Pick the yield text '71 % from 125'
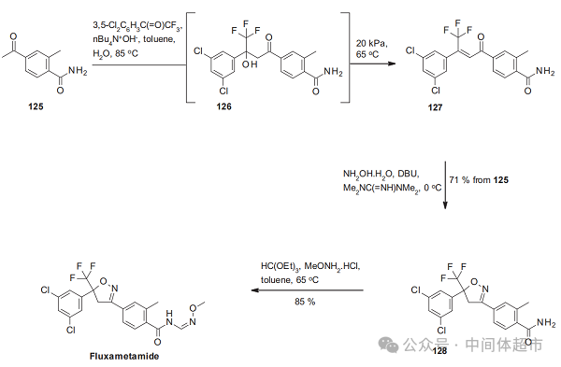(488, 177)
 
